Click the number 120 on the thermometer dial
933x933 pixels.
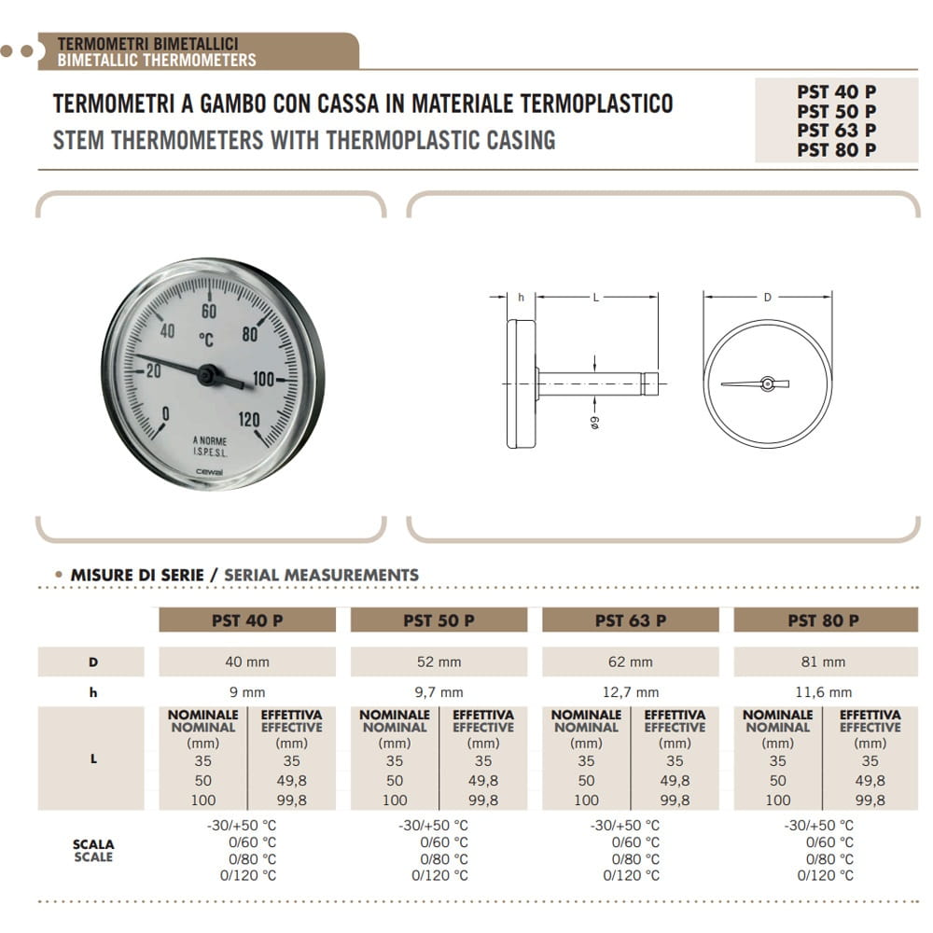249,419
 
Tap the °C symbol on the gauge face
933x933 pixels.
207,339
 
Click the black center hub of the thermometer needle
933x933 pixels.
208,374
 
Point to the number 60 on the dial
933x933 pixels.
209,312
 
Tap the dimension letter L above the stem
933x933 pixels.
595,298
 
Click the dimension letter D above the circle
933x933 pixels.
768,298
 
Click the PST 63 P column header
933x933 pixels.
630,620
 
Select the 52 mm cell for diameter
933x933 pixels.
439,661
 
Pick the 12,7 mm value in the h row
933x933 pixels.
631,692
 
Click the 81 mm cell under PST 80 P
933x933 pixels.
823,661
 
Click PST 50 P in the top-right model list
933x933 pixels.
837,111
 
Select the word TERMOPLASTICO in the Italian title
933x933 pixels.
588,103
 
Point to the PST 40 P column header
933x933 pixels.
246,620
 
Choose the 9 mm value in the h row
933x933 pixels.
246,692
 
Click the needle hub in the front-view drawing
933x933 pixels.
767,383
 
